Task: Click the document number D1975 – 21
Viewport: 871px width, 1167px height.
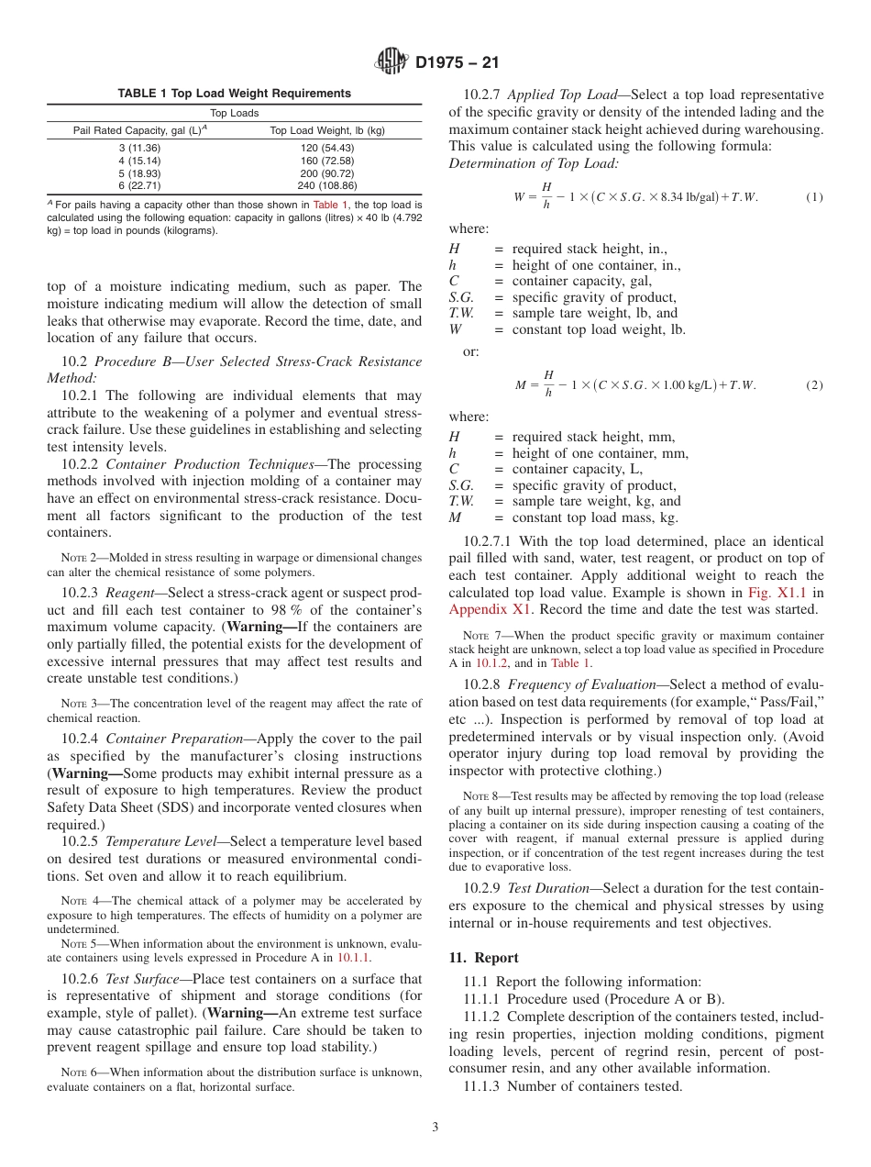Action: point(456,63)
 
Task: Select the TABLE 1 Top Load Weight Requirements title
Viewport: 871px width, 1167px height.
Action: point(234,94)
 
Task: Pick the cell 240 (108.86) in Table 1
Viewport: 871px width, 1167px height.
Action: point(326,184)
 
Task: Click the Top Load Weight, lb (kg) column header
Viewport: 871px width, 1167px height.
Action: point(326,130)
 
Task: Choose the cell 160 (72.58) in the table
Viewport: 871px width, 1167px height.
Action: point(326,161)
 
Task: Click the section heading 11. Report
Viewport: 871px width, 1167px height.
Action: point(483,958)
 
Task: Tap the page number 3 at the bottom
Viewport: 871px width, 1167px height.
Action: point(435,1128)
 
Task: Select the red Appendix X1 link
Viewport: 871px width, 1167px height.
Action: point(479,608)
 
